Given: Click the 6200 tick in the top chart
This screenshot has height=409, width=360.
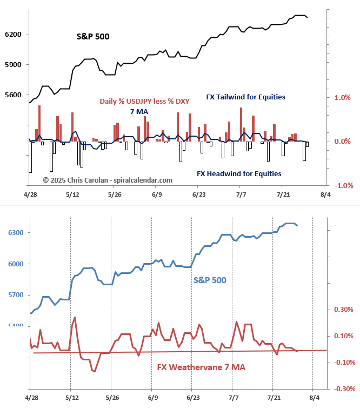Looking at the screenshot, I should click(x=13, y=35).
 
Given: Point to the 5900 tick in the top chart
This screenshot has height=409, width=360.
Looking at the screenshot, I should click(x=13, y=65).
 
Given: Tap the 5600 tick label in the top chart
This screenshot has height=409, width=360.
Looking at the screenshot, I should click(x=13, y=95).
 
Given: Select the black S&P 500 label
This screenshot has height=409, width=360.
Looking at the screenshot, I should click(x=92, y=37).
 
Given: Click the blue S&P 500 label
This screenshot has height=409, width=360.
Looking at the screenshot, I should click(x=210, y=280).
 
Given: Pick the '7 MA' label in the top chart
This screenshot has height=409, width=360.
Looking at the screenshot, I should click(x=139, y=112).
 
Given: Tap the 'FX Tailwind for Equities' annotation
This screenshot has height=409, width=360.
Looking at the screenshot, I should click(x=245, y=97).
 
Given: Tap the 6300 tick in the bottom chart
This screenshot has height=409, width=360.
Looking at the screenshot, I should click(x=15, y=233).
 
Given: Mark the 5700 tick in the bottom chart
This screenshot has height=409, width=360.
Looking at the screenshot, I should click(x=15, y=295).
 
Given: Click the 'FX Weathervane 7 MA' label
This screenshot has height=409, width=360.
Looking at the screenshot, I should click(x=201, y=367).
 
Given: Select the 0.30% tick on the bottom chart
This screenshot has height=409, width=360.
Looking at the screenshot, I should click(x=344, y=310).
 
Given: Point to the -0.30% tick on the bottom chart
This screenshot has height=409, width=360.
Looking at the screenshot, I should click(x=343, y=388).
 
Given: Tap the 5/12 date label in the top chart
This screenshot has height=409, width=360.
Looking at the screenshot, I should click(x=71, y=194).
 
